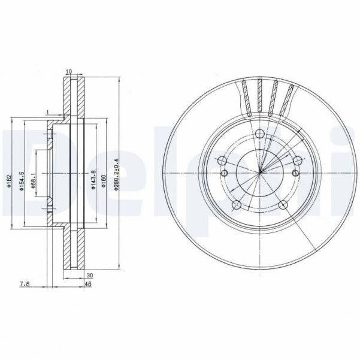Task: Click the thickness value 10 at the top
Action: coord(69,72)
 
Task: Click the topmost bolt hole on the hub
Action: coord(259,134)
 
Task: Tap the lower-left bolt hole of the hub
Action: coord(236,205)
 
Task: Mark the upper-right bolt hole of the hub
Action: coord(298,160)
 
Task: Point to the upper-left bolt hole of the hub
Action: coord(222,161)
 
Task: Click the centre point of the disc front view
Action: coord(261,174)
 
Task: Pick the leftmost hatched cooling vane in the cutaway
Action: coord(246,94)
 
